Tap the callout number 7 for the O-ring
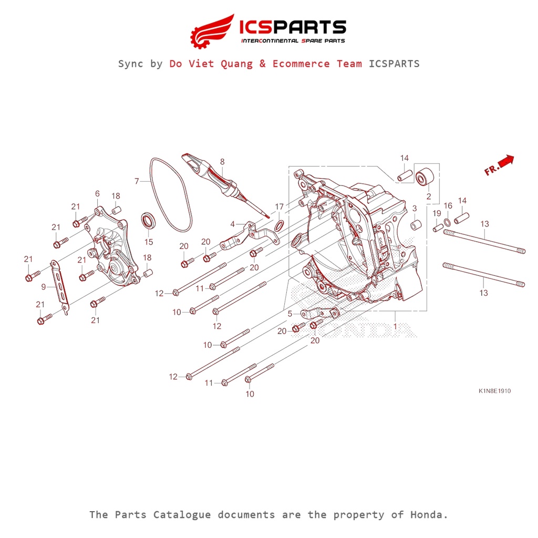pyautogui.click(x=137, y=181)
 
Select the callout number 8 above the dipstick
pyautogui.click(x=222, y=162)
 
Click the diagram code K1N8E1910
pyautogui.click(x=494, y=391)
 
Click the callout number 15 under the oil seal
pyautogui.click(x=149, y=242)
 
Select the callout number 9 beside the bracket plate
pyautogui.click(x=44, y=287)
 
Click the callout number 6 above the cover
pyautogui.click(x=97, y=194)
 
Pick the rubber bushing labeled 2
pyautogui.click(x=424, y=178)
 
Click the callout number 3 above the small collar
pyautogui.click(x=414, y=209)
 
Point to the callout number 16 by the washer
pyautogui.click(x=448, y=205)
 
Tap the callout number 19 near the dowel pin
pyautogui.click(x=437, y=213)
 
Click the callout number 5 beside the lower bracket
pyautogui.click(x=289, y=314)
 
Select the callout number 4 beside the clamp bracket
pyautogui.click(x=232, y=224)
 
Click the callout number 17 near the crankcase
pyautogui.click(x=279, y=206)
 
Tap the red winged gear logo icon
pyautogui.click(x=212, y=30)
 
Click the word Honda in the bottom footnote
pyautogui.click(x=428, y=514)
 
